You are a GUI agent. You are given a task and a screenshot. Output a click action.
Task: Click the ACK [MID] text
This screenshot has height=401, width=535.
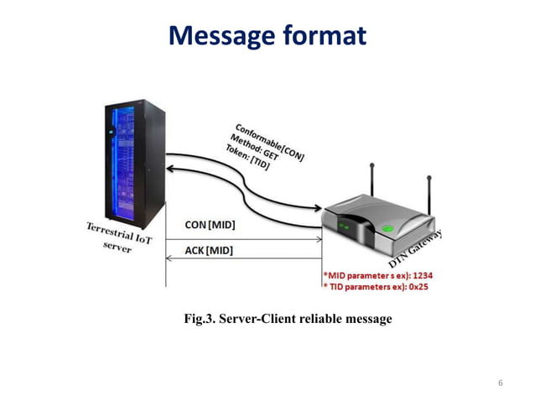tap(209, 250)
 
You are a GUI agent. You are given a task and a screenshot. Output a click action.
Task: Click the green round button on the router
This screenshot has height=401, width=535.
tap(387, 227)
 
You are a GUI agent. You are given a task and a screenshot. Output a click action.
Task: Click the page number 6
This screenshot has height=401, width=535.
tap(501, 383)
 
